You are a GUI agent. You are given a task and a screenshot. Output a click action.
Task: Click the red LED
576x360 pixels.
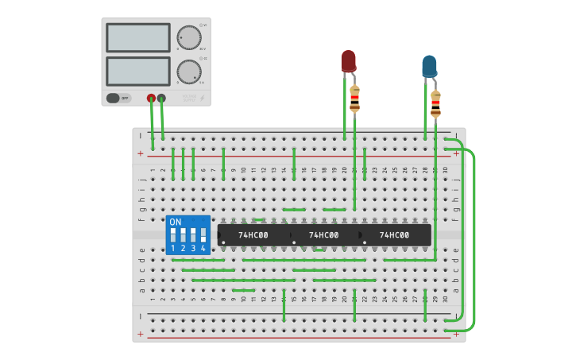[348, 61]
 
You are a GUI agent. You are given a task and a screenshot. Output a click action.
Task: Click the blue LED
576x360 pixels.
[429, 66]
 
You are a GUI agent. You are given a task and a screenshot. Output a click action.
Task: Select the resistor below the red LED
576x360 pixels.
[354, 99]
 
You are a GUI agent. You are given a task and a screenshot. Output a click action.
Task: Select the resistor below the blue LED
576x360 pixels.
[435, 104]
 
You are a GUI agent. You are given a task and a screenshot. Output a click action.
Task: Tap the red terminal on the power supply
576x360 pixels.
[151, 99]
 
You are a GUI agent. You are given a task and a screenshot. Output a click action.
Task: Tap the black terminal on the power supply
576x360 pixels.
[162, 99]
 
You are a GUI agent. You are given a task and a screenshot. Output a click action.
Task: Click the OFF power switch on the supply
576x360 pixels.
[118, 99]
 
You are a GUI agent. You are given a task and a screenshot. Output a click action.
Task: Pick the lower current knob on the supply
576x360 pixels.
[189, 72]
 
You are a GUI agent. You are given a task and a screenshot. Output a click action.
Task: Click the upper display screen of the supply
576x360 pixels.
[137, 37]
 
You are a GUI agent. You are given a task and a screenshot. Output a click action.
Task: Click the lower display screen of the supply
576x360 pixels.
[137, 72]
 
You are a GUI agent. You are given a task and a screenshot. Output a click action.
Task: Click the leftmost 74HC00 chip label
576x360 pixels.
[253, 235]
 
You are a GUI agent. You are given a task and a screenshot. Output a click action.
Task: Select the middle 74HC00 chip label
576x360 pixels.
[323, 235]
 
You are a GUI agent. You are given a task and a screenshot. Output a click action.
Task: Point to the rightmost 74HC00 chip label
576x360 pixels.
[394, 235]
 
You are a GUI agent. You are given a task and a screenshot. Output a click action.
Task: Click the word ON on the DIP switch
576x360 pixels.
[176, 222]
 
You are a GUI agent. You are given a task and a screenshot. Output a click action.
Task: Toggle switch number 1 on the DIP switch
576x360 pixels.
[173, 236]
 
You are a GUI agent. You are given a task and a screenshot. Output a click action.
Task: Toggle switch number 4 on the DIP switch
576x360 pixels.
[203, 236]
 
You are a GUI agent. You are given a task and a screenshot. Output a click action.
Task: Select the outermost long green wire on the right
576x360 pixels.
[474, 238]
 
